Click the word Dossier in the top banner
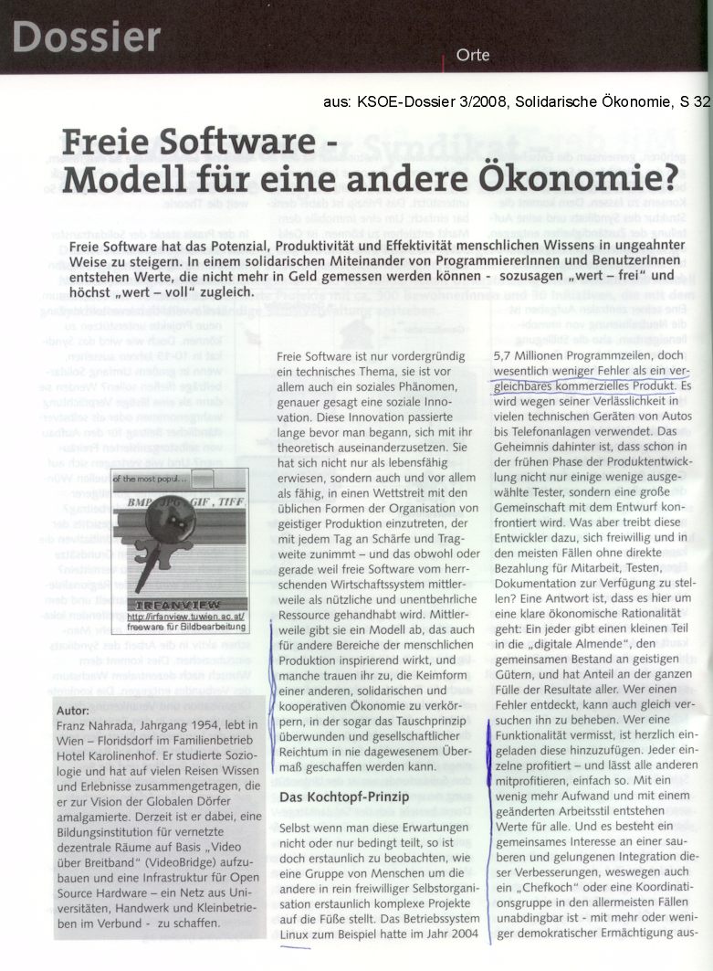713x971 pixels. pyautogui.click(x=88, y=37)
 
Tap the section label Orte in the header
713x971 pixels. pyautogui.click(x=472, y=55)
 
